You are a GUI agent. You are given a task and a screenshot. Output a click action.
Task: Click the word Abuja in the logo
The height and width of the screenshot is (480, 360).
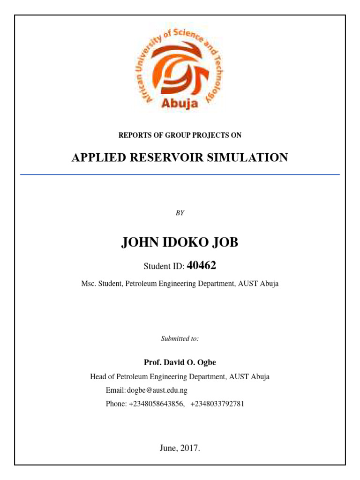[x=180, y=103]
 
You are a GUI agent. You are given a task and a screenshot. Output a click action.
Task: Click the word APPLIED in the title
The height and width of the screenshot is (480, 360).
[x=96, y=158]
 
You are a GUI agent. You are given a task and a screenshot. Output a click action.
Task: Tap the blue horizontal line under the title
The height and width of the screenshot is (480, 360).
[x=180, y=174]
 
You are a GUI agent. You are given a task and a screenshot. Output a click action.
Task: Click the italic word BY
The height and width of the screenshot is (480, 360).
[x=180, y=213]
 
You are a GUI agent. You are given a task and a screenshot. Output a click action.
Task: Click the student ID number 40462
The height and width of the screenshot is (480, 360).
[x=202, y=266]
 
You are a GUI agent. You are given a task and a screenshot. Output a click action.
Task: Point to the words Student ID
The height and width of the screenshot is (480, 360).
[x=164, y=267]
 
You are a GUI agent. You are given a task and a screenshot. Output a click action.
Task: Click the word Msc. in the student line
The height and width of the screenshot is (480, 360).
[x=90, y=284]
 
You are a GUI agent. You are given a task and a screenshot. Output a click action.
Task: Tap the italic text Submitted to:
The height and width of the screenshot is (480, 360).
[x=180, y=338]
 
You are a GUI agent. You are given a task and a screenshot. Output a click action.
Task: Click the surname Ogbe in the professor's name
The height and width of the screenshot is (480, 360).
[x=206, y=362]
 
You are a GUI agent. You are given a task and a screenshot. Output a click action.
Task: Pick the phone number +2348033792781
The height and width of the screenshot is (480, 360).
[x=217, y=404]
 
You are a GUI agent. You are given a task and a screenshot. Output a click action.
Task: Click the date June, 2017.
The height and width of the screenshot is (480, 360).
[x=180, y=448]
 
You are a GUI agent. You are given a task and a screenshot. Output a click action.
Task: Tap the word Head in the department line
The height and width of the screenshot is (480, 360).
[x=98, y=376]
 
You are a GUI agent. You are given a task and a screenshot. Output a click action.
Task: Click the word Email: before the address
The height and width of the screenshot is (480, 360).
[x=116, y=390]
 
